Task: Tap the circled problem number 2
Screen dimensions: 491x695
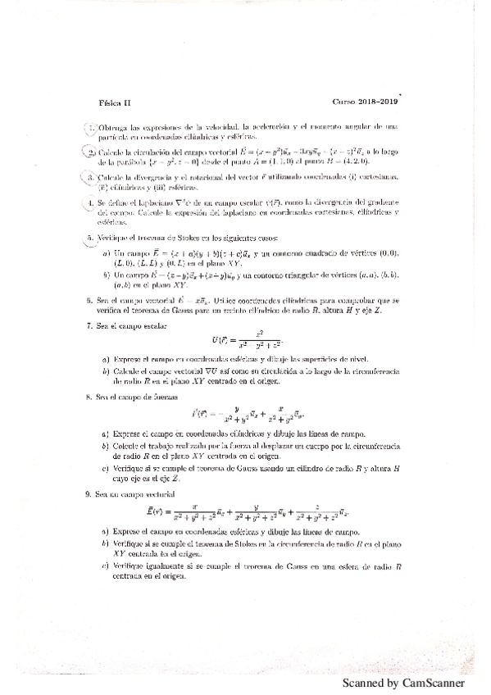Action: (x=92, y=152)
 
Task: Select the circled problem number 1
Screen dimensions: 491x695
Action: (x=92, y=128)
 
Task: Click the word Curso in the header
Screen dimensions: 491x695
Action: (x=344, y=102)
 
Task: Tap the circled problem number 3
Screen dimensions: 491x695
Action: (x=92, y=176)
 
